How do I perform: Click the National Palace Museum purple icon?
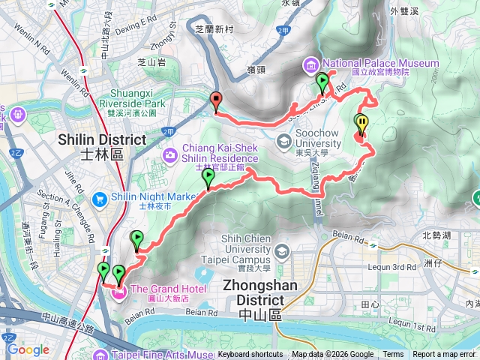(312, 64)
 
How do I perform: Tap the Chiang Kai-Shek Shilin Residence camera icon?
(172, 154)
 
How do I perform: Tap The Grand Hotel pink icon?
(119, 289)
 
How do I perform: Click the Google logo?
(28, 349)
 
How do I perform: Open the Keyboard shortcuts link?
(250, 355)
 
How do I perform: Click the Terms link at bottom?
(393, 355)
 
